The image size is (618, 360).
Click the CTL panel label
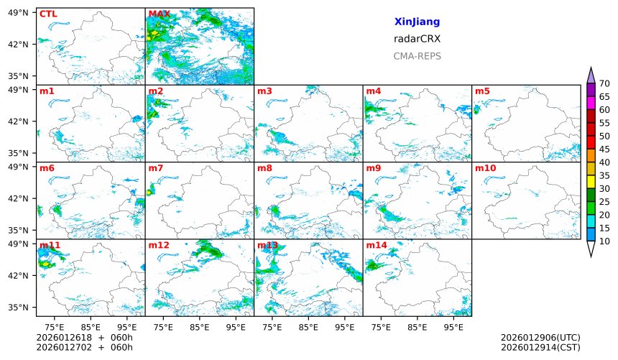coord(47,14)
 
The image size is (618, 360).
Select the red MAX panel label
coord(159,14)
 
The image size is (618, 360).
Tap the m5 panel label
coord(482,91)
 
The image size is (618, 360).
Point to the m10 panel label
coord(485,168)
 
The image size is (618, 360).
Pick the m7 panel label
coord(156,168)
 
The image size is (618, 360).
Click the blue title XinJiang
coord(417,22)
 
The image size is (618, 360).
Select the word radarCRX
coord(417,39)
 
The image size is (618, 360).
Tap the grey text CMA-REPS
coord(417,56)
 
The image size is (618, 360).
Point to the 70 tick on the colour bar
coord(604,84)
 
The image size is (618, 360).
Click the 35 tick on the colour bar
coord(604,176)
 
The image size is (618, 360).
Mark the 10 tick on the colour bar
coord(604,241)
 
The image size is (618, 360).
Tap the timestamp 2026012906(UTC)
coord(540,338)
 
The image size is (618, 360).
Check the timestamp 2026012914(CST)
coord(540,348)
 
